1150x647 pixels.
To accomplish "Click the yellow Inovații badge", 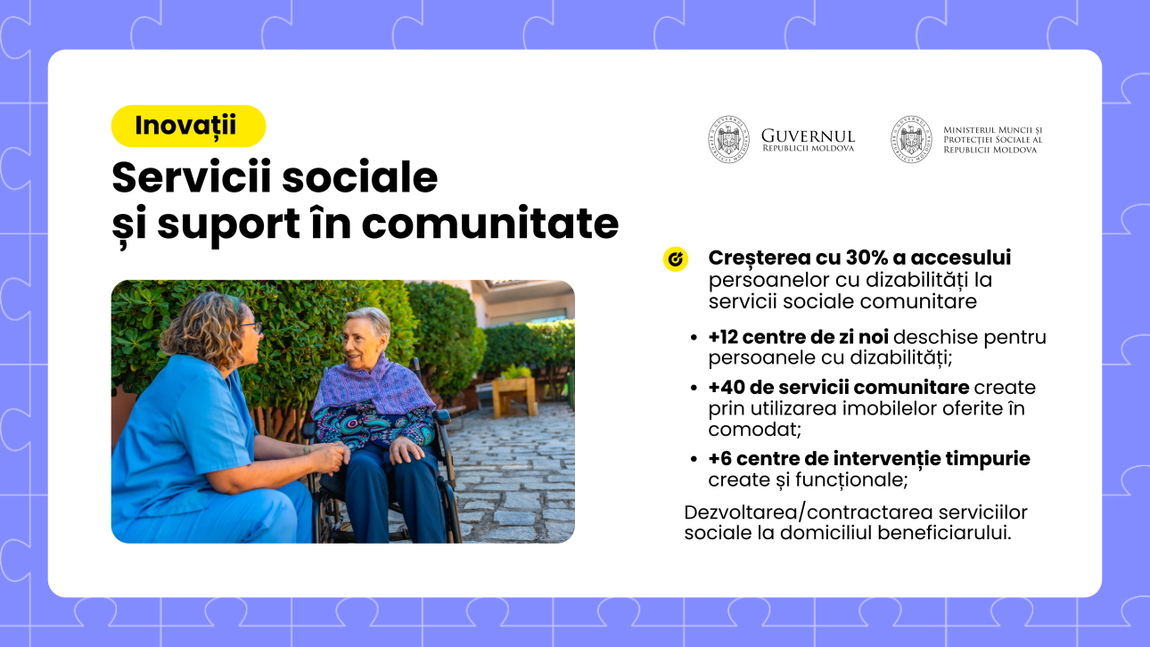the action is click(188, 127).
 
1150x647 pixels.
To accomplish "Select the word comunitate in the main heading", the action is click(489, 224).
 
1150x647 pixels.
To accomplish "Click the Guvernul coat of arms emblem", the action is click(728, 139).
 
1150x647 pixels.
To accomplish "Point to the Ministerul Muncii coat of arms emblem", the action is click(911, 139).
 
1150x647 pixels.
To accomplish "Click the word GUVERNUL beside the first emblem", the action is click(808, 135).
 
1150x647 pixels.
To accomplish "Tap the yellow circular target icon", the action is click(675, 259).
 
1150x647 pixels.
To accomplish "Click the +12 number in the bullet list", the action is click(723, 337).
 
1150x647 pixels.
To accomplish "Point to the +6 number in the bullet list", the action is click(719, 459).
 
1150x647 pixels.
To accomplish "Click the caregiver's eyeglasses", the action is click(253, 327).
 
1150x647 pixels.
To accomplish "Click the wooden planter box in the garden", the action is click(513, 396).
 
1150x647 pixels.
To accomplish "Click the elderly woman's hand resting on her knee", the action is click(407, 449).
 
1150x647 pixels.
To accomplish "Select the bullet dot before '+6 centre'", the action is click(694, 459).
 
